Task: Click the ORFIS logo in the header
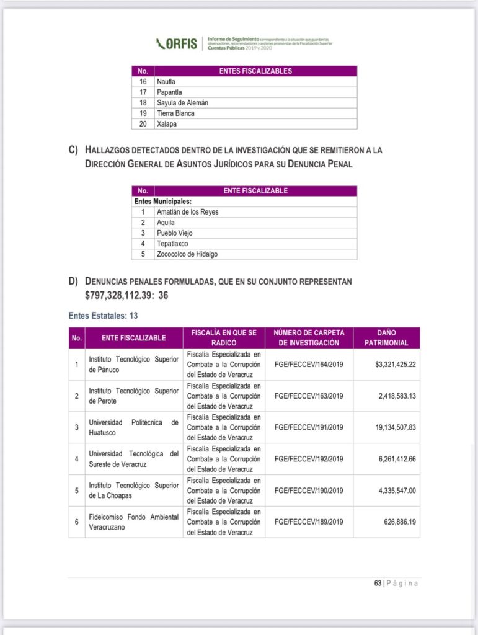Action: pos(177,43)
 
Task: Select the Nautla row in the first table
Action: pos(167,81)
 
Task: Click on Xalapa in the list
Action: pos(166,123)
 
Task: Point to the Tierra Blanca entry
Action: pos(175,113)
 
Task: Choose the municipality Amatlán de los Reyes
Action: pos(187,211)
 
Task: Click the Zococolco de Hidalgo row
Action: pos(187,254)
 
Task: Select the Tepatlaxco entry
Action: pos(172,243)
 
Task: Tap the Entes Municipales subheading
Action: pos(162,201)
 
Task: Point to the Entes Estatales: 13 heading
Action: pos(103,316)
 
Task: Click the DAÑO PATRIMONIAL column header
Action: pos(386,337)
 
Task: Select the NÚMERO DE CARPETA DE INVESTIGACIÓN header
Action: pos(309,337)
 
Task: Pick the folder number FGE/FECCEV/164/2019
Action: pos(309,364)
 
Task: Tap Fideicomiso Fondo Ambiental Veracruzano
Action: pos(133,522)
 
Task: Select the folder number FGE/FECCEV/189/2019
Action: pos(309,522)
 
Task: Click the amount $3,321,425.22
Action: pos(395,364)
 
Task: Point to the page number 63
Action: pos(377,583)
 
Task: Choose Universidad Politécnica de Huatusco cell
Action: pos(133,427)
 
